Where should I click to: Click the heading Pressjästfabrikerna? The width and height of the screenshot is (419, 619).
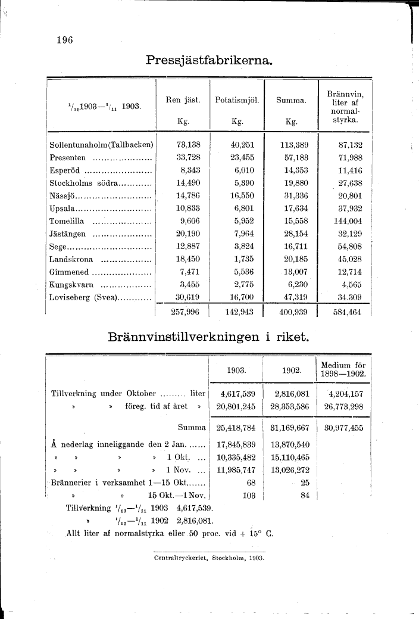(209, 61)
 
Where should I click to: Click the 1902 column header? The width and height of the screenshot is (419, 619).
(291, 371)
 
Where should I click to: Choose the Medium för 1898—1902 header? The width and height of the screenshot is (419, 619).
(344, 370)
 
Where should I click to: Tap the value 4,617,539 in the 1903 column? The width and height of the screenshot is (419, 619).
(237, 394)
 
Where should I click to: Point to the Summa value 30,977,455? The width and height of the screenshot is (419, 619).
(344, 427)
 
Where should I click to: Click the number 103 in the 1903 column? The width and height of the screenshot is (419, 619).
(249, 495)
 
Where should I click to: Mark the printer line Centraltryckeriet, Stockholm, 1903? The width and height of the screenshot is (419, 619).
(209, 558)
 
